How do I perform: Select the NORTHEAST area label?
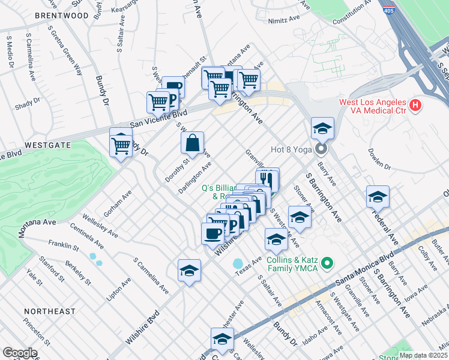click(50, 311)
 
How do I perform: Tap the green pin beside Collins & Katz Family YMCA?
click(327, 263)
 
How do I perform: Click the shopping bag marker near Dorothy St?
click(192, 143)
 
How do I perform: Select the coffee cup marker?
click(212, 233)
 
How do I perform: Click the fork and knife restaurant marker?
click(267, 179)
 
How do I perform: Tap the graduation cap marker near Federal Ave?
click(378, 196)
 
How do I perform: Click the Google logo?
click(20, 353)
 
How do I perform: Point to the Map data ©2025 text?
click(423, 355)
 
